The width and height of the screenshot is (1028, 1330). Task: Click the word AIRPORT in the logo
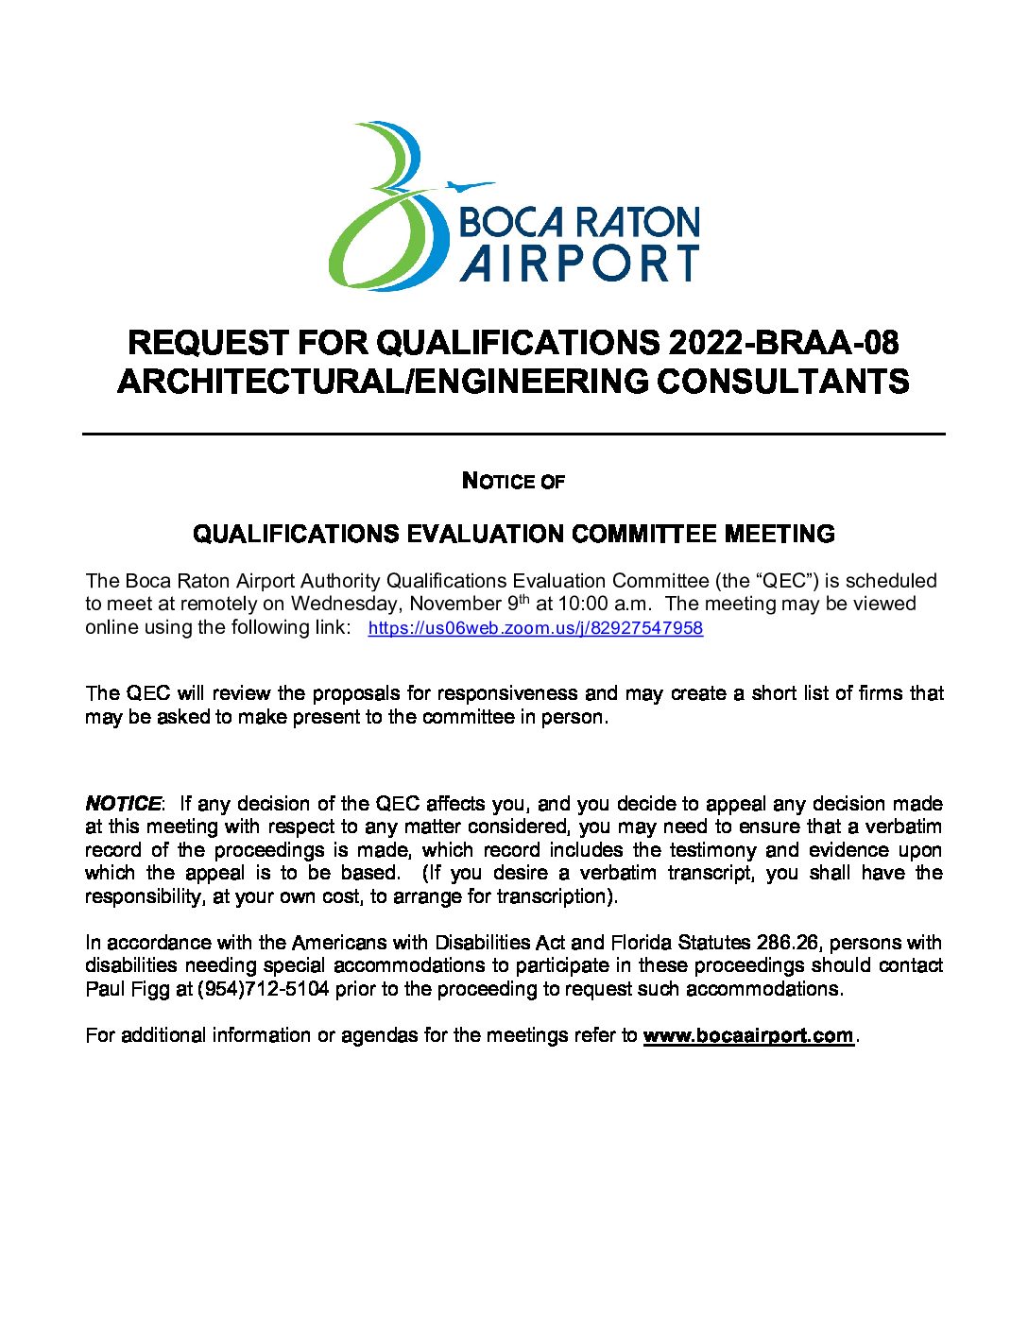tap(579, 264)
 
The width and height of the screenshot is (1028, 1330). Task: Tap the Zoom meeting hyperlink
tap(535, 628)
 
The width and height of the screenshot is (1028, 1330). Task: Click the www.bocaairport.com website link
tap(747, 1035)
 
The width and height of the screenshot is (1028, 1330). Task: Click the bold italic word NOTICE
tap(123, 804)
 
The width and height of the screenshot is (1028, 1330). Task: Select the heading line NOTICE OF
tap(513, 482)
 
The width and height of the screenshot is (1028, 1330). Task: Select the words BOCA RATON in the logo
tap(578, 223)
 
